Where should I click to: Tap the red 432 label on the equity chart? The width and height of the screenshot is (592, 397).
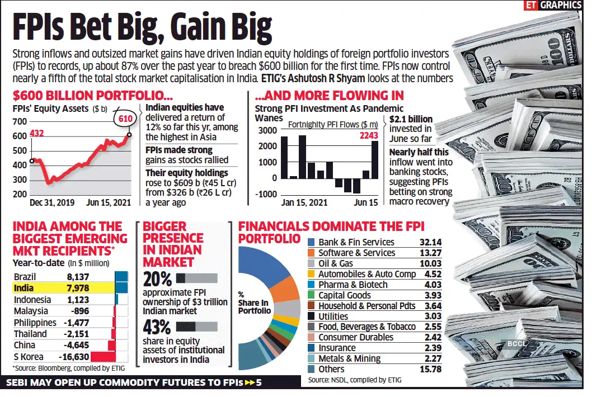tap(36, 133)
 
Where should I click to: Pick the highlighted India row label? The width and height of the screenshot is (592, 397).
tap(24, 288)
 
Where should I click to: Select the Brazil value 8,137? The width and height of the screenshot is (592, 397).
tap(78, 276)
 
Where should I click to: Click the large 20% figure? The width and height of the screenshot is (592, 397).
tap(157, 279)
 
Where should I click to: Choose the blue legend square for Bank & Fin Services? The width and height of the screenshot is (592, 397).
tap(312, 242)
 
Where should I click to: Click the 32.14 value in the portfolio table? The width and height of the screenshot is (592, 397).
tap(430, 242)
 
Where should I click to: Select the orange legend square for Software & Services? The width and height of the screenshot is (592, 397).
tap(312, 253)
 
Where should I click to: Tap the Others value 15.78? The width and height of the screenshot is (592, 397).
tap(430, 369)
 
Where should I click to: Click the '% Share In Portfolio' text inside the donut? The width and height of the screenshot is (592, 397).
tap(255, 303)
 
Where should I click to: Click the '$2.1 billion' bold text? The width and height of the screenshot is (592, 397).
tap(411, 119)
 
